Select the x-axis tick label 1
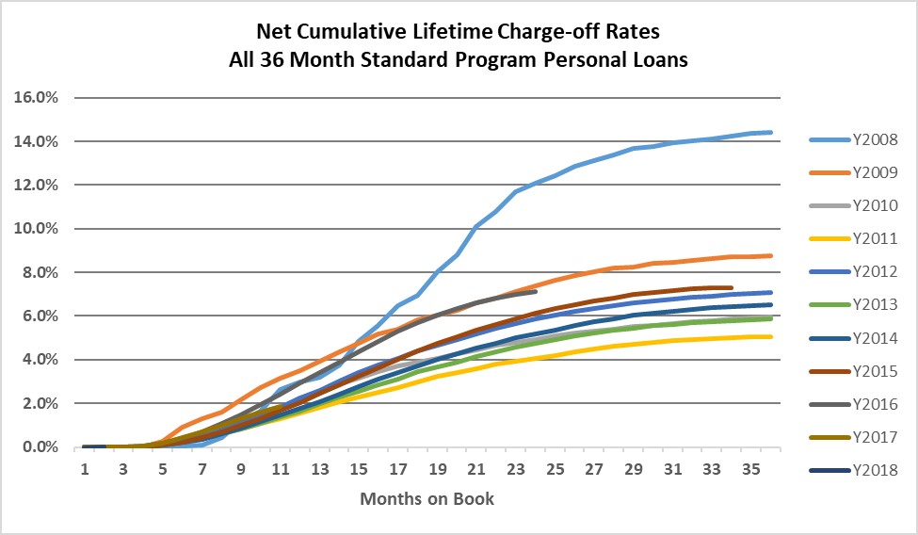[85, 468]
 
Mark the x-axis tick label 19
[438, 468]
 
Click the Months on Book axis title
[427, 498]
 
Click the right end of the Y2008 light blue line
[771, 132]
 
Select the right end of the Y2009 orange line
[771, 255]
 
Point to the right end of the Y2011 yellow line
[771, 336]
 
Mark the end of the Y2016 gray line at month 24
[535, 292]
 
